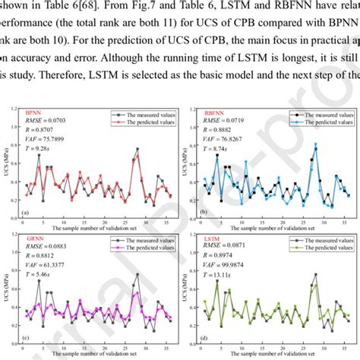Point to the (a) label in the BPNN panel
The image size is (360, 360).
coord(27,213)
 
